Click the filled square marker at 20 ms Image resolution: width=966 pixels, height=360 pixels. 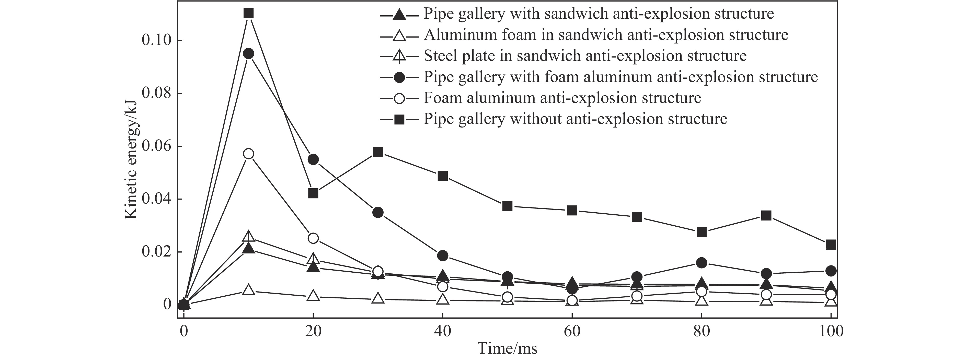click(314, 193)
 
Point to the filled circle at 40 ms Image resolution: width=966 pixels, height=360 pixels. click(443, 256)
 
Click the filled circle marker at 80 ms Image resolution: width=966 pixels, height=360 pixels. click(701, 262)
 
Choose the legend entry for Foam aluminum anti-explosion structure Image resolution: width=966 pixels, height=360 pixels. click(562, 98)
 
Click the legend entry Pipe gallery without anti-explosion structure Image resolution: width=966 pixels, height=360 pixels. click(575, 119)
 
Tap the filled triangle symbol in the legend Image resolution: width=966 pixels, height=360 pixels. click(399, 15)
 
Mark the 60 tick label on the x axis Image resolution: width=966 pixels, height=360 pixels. click(572, 331)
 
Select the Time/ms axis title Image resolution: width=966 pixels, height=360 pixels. click(507, 349)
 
